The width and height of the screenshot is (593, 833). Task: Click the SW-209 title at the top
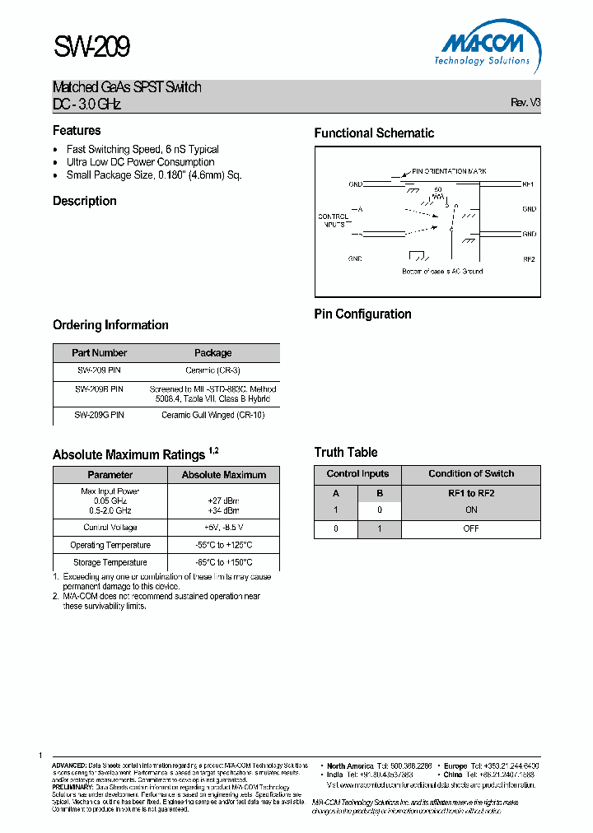(91, 48)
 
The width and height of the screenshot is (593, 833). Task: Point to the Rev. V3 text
(525, 103)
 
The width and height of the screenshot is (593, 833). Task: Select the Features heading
(77, 130)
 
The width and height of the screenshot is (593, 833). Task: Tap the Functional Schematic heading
(374, 133)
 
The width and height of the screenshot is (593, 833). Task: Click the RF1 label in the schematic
(529, 184)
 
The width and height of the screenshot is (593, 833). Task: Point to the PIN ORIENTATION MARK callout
(449, 171)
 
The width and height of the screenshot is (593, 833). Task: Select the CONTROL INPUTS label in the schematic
(333, 220)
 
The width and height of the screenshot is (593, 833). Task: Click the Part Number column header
(100, 352)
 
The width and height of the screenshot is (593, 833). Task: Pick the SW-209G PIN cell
(100, 415)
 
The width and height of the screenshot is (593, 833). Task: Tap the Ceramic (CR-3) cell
(212, 371)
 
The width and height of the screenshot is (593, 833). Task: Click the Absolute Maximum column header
(224, 475)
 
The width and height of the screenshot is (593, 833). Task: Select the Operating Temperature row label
(110, 545)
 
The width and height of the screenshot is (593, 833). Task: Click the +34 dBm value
(222, 510)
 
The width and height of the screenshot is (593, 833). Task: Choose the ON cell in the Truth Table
(471, 510)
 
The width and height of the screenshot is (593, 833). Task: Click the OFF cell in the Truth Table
(471, 528)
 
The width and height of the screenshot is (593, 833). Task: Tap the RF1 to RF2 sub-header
(471, 493)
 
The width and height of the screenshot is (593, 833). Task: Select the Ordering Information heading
(110, 325)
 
